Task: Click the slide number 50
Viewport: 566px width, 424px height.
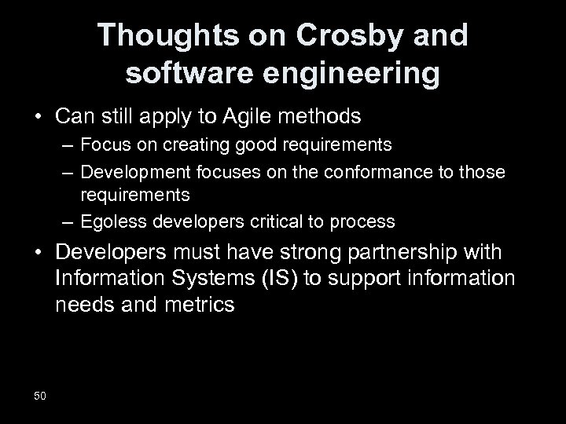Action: pos(40,395)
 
